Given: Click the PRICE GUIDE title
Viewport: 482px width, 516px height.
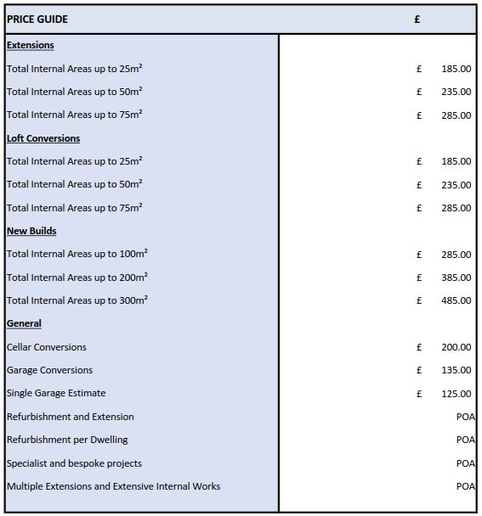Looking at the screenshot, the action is [x=37, y=20].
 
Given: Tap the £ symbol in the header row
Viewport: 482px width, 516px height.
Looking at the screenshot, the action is [x=417, y=20].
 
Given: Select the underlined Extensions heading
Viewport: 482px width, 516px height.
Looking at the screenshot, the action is [x=30, y=45].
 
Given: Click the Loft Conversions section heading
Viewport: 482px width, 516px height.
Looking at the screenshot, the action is [x=43, y=138].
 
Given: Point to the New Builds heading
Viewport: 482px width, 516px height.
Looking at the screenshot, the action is [x=31, y=231].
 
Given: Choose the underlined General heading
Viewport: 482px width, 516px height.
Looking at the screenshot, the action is [x=24, y=323].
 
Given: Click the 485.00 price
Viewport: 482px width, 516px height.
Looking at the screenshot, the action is [x=456, y=300].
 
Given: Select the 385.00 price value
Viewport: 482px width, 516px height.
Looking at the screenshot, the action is [x=456, y=278].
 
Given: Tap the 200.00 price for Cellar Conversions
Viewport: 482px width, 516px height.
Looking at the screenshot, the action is [x=456, y=347].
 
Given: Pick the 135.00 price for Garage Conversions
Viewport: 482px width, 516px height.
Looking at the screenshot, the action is [x=456, y=370].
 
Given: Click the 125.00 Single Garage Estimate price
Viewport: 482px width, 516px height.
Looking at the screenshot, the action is [x=456, y=394].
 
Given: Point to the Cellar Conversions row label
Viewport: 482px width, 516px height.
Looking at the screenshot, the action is [x=47, y=347].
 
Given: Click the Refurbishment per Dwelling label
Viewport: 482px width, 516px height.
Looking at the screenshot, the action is [x=67, y=440].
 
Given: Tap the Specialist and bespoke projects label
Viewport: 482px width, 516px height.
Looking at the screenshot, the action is [x=74, y=463].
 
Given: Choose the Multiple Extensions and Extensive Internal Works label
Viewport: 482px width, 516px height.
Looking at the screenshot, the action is [x=113, y=486].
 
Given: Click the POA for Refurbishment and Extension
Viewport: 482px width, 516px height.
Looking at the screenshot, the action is [x=465, y=417].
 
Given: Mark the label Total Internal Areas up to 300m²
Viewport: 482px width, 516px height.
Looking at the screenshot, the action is [x=77, y=300].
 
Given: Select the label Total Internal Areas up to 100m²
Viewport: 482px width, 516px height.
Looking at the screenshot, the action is [x=77, y=254].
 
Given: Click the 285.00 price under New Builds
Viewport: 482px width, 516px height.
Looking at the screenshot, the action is [x=456, y=255].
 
